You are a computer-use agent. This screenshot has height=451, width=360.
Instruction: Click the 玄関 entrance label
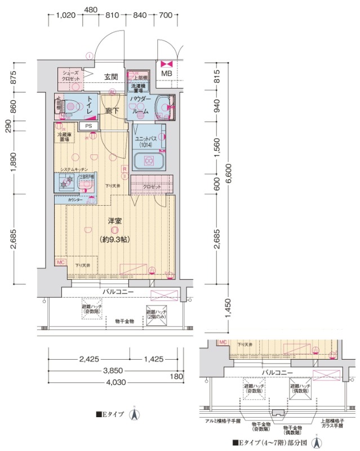click(110, 77)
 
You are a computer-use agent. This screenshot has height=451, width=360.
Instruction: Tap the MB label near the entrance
click(167, 73)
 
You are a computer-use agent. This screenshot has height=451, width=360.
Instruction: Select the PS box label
click(88, 126)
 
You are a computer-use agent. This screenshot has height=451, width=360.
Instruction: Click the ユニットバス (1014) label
click(147, 141)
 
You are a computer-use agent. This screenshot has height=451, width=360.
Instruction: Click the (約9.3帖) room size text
click(114, 239)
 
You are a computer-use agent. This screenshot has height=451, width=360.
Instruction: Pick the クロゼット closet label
click(150, 187)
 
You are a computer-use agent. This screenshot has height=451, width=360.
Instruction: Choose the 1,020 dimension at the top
click(66, 16)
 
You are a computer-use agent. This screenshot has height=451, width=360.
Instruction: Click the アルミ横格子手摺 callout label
click(223, 421)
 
